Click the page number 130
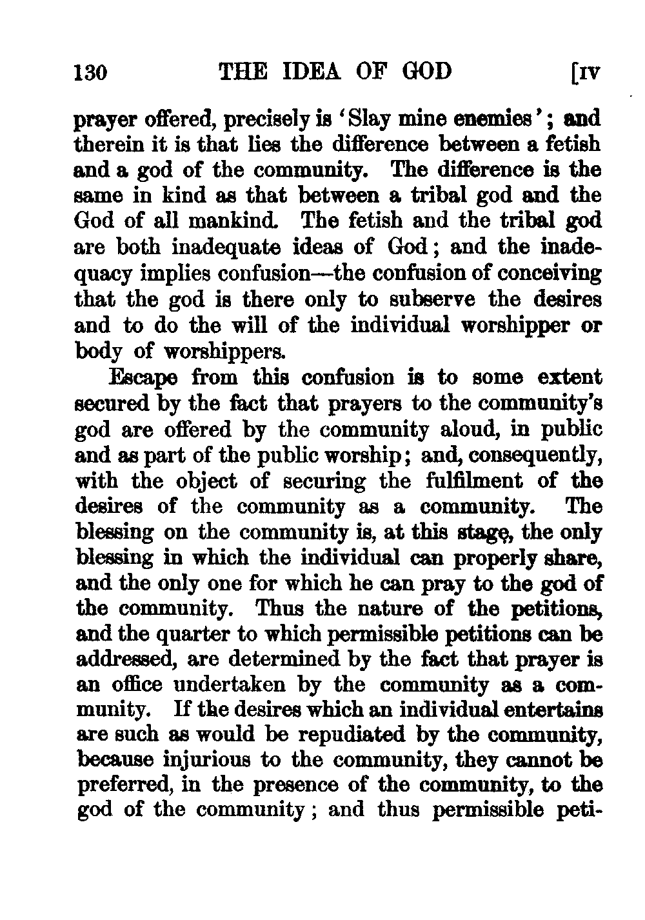pyautogui.click(x=90, y=71)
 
